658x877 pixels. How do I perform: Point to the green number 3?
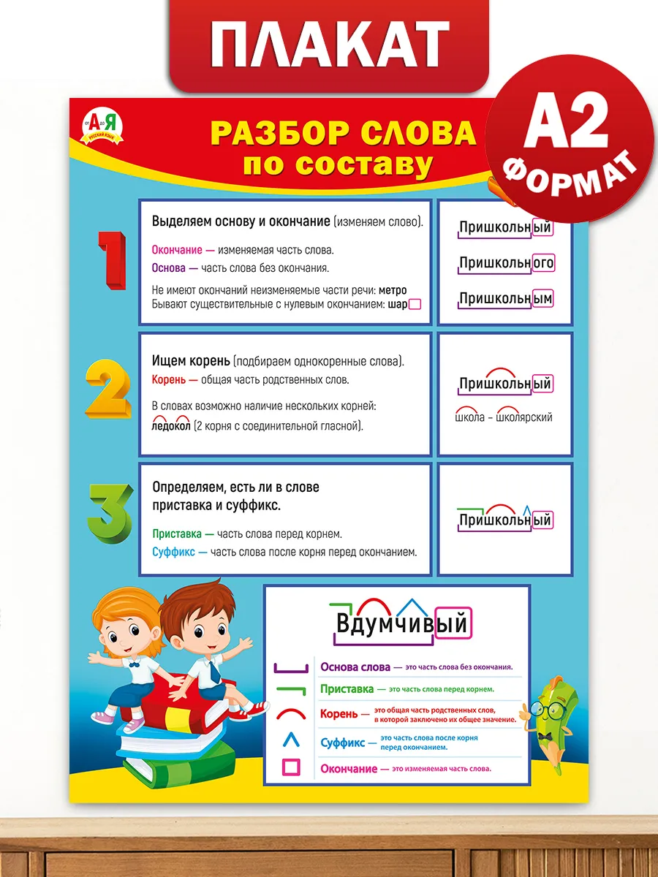point(110,509)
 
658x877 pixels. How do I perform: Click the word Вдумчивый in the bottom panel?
point(401,625)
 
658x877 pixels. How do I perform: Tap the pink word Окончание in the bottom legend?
point(349,769)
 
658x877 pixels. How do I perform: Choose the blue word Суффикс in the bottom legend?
point(343,743)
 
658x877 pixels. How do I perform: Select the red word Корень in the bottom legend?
point(339,714)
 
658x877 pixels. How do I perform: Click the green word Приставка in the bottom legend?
point(347,689)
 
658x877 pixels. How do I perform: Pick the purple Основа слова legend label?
point(355,667)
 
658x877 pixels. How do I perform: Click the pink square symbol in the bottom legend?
point(291,767)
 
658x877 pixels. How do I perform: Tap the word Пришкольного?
point(506,263)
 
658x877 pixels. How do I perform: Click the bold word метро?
point(392,290)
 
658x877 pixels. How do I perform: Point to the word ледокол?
point(170,426)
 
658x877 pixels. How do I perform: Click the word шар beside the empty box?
point(397,305)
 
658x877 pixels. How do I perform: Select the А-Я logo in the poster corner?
point(105,126)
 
